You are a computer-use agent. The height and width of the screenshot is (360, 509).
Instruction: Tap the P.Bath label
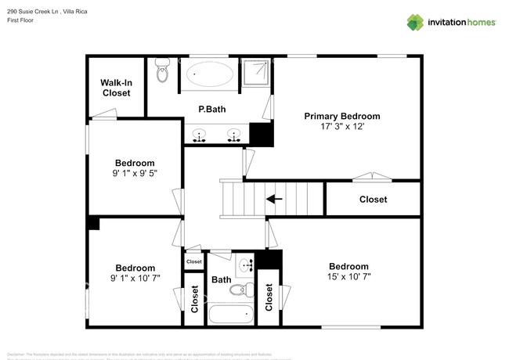click(211, 110)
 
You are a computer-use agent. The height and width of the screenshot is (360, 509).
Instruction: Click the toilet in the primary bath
click(163, 71)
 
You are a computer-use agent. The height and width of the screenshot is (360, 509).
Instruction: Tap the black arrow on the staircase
click(274, 199)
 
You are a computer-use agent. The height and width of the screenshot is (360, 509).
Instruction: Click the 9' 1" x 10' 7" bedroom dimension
click(135, 278)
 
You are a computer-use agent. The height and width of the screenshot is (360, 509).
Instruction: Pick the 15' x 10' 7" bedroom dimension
click(348, 276)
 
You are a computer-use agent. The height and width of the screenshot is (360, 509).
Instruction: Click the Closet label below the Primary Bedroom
click(373, 200)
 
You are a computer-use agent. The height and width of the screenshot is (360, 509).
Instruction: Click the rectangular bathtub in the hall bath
click(232, 315)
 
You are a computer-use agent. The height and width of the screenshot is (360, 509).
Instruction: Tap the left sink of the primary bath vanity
click(200, 138)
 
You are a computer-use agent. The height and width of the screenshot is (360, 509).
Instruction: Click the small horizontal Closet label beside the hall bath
click(194, 261)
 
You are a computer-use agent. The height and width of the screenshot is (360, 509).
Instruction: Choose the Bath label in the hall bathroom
click(221, 279)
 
